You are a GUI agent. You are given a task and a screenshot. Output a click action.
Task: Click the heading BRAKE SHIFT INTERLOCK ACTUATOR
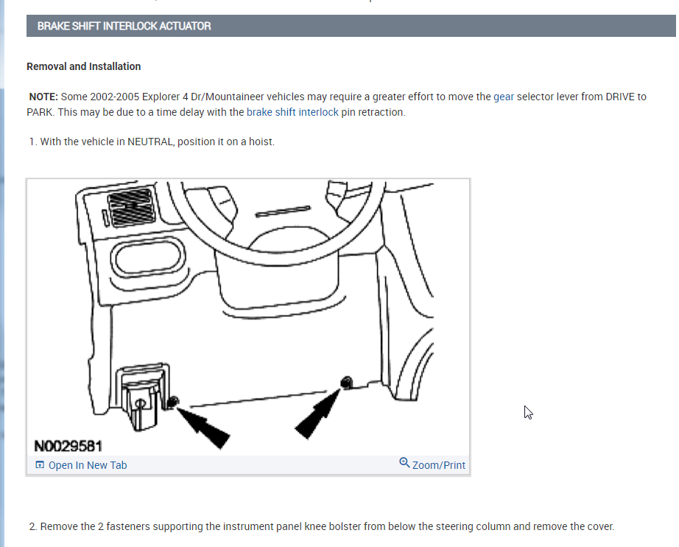124,26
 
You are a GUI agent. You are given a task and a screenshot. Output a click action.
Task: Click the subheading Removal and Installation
83,66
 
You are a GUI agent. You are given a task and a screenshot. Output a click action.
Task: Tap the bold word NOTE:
43,97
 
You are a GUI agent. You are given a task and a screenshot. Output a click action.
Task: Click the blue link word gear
504,97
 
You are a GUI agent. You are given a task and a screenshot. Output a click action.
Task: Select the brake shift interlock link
292,113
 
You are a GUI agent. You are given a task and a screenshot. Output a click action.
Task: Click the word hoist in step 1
258,142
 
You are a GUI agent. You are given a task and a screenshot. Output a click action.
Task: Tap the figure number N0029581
68,446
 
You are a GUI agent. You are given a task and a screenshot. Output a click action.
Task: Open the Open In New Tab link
87,465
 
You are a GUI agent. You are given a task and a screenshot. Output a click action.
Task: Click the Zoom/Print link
439,465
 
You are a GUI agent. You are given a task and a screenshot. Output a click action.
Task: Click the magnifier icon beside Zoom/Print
404,463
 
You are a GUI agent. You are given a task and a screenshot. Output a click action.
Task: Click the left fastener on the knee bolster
172,402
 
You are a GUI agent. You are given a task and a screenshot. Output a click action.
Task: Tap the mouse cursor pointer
527,411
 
